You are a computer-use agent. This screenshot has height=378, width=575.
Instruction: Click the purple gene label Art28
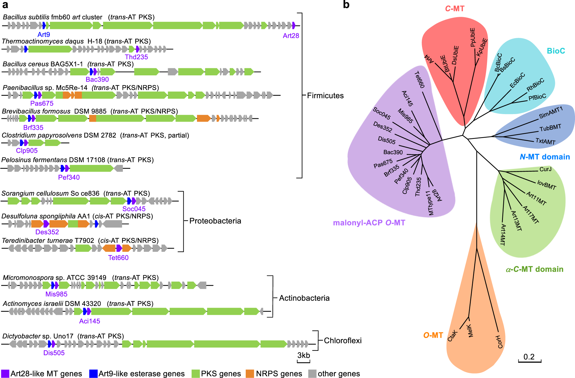(x=291, y=36)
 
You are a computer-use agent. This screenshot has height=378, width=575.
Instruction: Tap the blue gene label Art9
(x=44, y=35)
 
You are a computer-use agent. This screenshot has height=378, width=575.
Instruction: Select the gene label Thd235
(x=136, y=57)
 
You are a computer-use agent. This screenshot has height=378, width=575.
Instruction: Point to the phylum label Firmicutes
(x=325, y=96)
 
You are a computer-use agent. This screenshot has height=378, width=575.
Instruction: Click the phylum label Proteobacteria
(x=215, y=221)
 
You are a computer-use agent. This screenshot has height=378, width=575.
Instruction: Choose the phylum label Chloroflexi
(x=343, y=341)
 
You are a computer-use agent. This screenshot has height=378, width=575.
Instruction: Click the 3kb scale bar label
(x=303, y=355)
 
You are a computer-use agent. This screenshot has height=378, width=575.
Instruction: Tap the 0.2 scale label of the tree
(x=529, y=357)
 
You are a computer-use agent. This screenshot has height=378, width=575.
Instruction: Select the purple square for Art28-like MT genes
(x=5, y=374)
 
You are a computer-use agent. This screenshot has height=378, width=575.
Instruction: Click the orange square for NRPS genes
(x=250, y=374)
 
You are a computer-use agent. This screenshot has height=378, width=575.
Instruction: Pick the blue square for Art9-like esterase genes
(x=93, y=374)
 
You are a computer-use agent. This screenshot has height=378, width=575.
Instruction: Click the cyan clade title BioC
(x=556, y=51)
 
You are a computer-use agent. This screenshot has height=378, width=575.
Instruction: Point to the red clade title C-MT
(x=455, y=9)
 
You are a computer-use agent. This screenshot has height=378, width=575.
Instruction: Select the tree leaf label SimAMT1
(x=551, y=113)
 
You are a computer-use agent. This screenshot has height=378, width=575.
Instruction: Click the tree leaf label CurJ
(x=545, y=169)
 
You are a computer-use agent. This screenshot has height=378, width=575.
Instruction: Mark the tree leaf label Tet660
(x=419, y=80)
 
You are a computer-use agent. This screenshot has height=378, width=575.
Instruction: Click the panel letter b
(x=346, y=5)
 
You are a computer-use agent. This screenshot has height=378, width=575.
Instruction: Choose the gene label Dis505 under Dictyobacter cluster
(x=54, y=353)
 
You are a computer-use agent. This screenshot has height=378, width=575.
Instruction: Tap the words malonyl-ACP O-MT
(x=369, y=223)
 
